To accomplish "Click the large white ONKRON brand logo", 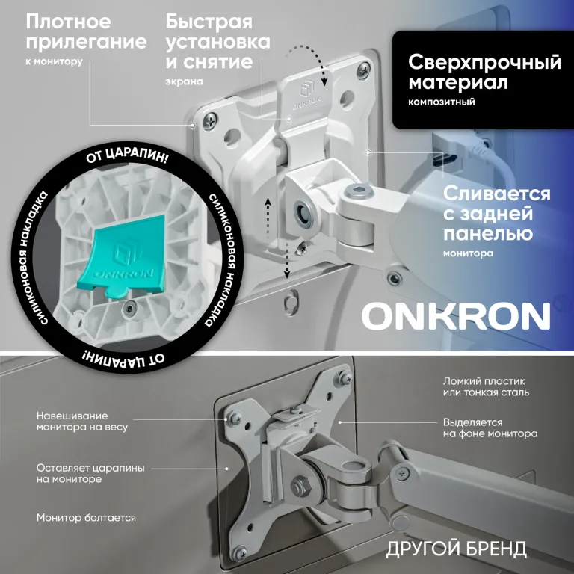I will pos(456,317).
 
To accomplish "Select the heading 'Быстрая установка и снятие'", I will pos(209,42).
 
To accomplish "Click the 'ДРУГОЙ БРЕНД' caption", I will pos(456,549).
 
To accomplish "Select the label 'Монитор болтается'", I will pos(86,517).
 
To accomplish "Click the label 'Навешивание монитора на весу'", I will pos(81,421).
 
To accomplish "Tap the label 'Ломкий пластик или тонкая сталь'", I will pos(486,386).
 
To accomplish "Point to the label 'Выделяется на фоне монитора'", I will pos(490,428).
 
